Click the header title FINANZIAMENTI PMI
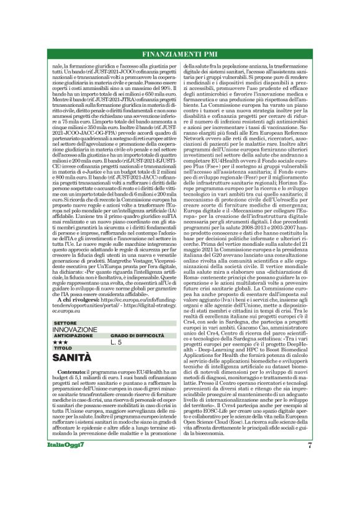180,55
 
